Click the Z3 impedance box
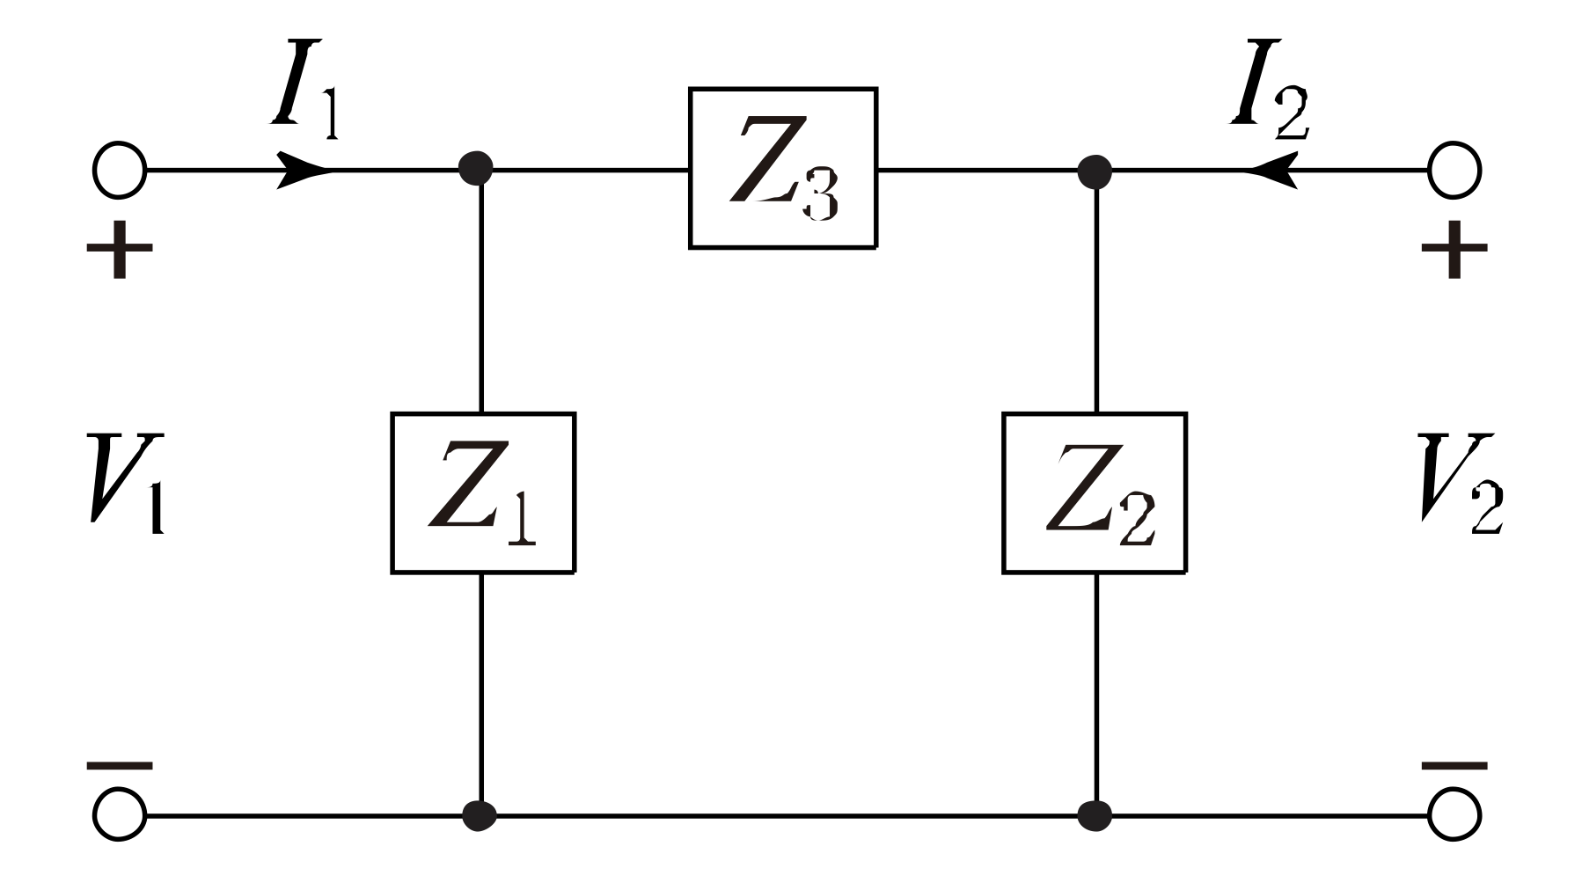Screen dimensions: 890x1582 pos(782,168)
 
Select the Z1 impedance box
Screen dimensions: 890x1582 pos(483,492)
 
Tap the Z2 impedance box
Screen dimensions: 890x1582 pos(1095,492)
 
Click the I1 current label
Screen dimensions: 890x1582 pos(304,92)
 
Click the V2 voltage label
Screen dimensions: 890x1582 pos(1461,483)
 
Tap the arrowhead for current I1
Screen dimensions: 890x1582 pos(302,169)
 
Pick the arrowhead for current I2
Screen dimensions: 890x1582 pos(1272,169)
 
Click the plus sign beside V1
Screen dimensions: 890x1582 pos(120,250)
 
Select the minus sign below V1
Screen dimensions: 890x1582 pos(120,766)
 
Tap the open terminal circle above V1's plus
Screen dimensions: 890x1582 pos(119,170)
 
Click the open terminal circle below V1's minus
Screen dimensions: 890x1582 pos(119,815)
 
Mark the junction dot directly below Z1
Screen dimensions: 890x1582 pos(480,815)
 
